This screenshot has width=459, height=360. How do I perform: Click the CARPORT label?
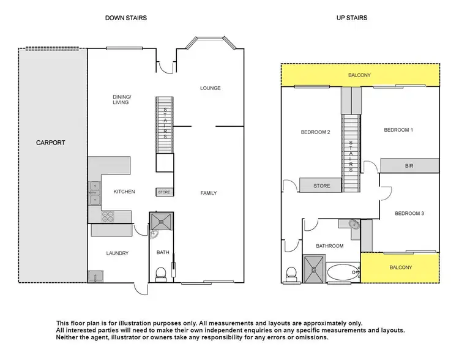click(x=51, y=143)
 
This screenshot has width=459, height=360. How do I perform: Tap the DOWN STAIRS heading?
click(x=126, y=18)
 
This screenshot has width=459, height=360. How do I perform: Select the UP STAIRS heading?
click(x=351, y=18)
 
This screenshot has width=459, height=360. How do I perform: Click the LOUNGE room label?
click(x=210, y=88)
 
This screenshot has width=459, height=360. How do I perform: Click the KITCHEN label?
click(x=124, y=192)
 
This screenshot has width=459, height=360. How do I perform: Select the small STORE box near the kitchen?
click(x=164, y=192)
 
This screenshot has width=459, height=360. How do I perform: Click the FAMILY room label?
click(x=209, y=193)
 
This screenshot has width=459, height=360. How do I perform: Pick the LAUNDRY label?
click(x=116, y=253)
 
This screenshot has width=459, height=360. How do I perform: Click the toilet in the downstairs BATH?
click(x=160, y=273)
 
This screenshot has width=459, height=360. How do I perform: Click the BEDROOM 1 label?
click(x=398, y=130)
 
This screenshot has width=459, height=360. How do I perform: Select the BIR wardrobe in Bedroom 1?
click(x=409, y=165)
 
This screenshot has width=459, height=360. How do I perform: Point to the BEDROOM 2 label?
click(x=315, y=132)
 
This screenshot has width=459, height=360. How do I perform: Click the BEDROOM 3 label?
click(x=409, y=213)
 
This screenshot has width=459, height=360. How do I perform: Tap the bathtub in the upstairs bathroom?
click(x=342, y=271)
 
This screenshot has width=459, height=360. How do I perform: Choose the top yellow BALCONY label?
click(x=359, y=76)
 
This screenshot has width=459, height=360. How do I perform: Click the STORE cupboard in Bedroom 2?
click(x=321, y=186)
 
